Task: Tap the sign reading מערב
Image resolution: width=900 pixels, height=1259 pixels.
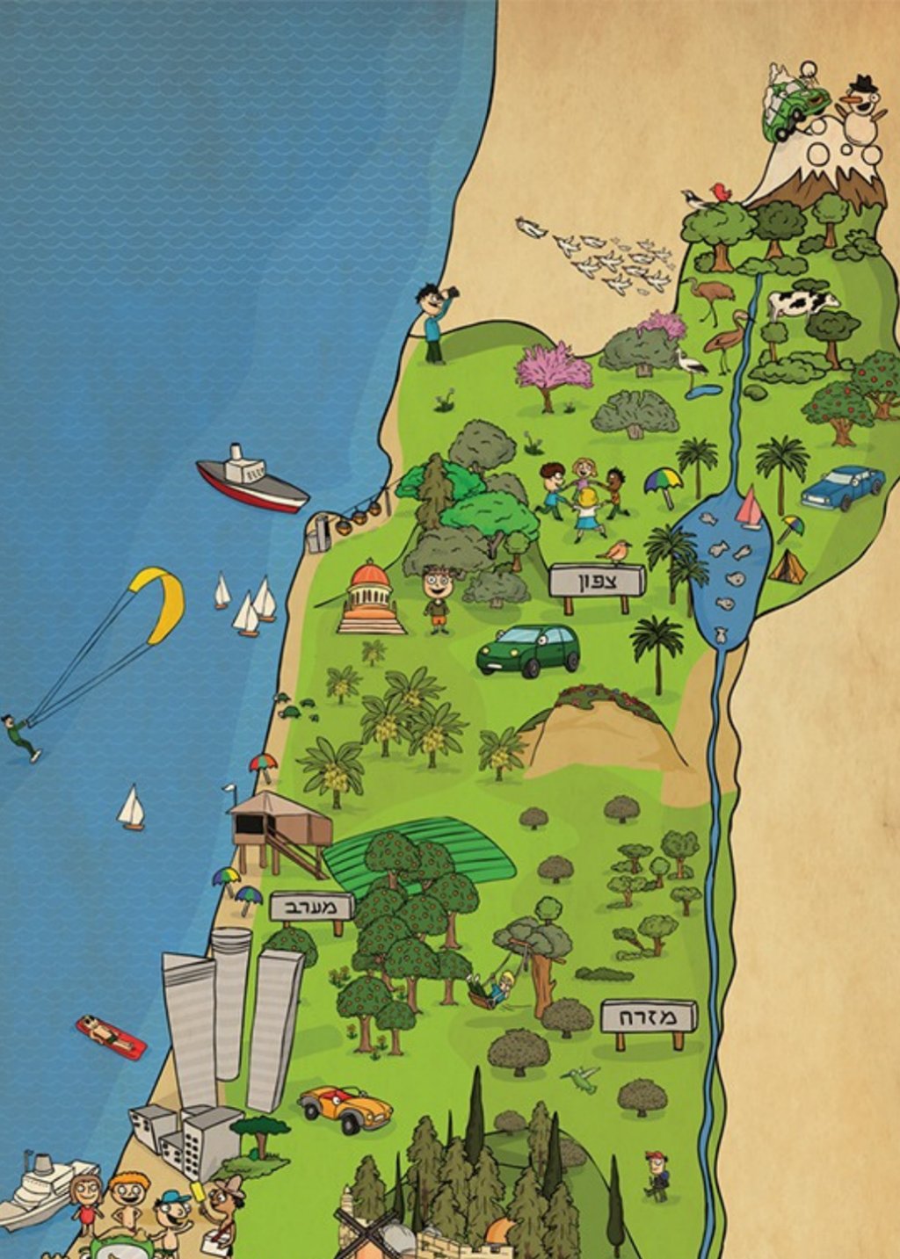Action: pyautogui.click(x=312, y=907)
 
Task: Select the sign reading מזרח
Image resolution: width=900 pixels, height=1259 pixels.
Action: pyautogui.click(x=649, y=1017)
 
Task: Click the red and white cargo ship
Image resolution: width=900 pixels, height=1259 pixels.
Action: pyautogui.click(x=251, y=480)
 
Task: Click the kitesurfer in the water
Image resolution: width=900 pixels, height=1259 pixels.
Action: pyautogui.click(x=20, y=736)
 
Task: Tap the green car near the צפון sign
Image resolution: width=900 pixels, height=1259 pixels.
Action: pyautogui.click(x=528, y=650)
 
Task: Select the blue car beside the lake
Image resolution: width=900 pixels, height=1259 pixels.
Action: pyautogui.click(x=843, y=487)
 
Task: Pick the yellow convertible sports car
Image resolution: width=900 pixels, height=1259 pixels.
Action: pyautogui.click(x=345, y=1108)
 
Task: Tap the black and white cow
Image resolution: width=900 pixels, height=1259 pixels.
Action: pyautogui.click(x=802, y=303)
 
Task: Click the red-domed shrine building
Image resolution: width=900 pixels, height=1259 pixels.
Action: pyautogui.click(x=370, y=598)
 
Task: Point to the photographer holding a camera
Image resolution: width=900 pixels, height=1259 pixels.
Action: pyautogui.click(x=433, y=322)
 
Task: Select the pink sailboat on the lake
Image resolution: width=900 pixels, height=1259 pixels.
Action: pyautogui.click(x=749, y=509)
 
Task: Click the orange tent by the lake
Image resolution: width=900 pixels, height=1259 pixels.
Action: pyautogui.click(x=787, y=568)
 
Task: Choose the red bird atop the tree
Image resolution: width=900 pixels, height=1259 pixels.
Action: pyautogui.click(x=721, y=192)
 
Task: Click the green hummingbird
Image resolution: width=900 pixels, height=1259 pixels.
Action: pyautogui.click(x=582, y=1078)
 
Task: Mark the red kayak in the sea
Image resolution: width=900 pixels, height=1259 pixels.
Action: pyautogui.click(x=111, y=1037)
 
